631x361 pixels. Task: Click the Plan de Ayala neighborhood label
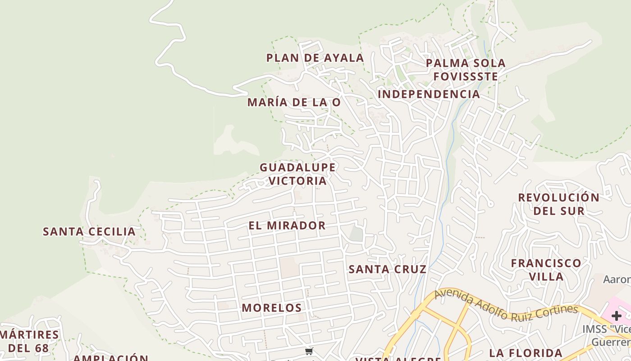pos(315,58)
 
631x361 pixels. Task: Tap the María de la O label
pos(293,102)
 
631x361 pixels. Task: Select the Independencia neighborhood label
pos(429,94)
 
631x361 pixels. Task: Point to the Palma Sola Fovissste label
pos(466,69)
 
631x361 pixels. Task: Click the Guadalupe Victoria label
pos(297,174)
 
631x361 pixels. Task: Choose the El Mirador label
pos(287,225)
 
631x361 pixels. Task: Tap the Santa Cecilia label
pos(89,231)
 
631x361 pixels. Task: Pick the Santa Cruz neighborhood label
pos(388,269)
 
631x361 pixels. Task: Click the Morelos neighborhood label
pos(271,308)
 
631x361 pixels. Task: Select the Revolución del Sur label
pos(558,204)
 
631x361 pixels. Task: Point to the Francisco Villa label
pos(546,269)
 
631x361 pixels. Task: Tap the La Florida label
pos(526,353)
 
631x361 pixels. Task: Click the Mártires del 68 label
pos(29,341)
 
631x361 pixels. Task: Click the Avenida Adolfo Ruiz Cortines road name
pos(506,307)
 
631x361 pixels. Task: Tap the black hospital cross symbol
pos(617,316)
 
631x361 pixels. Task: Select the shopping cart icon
pos(309,351)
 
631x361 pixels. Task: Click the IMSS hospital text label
pos(606,335)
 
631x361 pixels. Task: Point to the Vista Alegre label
pos(398,359)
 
